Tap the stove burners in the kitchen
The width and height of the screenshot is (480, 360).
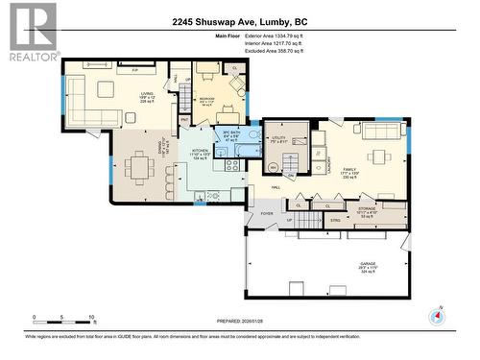pyautogui.click(x=231, y=165)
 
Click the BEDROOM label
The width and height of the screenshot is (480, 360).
pyautogui.click(x=206, y=99)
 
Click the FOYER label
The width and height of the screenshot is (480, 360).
pyautogui.click(x=267, y=214)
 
